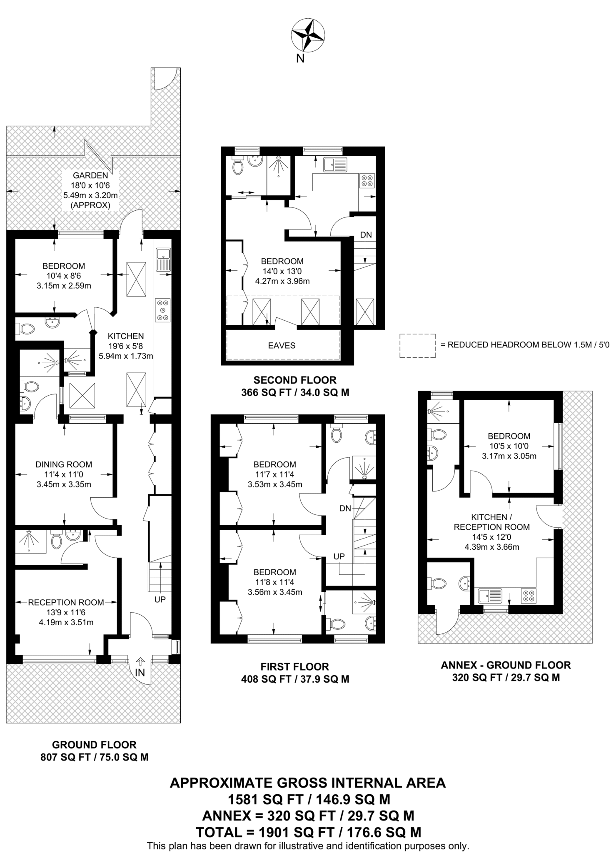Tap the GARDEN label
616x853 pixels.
coord(90,175)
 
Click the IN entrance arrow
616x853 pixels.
coord(140,662)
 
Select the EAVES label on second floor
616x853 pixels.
coord(282,345)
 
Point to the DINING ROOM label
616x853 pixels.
coord(64,464)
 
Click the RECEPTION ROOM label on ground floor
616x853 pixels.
coord(66,602)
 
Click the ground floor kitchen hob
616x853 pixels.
coord(163,310)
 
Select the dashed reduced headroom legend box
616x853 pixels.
coord(417,345)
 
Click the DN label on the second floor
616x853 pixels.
coord(366,235)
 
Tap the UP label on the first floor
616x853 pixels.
coord(339,556)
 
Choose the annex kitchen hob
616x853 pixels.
coord(529,596)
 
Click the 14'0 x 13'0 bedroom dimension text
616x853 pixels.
coord(282,271)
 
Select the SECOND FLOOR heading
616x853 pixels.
coord(295,380)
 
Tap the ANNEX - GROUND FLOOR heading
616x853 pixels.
coord(506,665)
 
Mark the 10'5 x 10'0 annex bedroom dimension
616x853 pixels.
coord(509,446)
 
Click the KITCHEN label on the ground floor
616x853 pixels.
coord(126,336)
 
